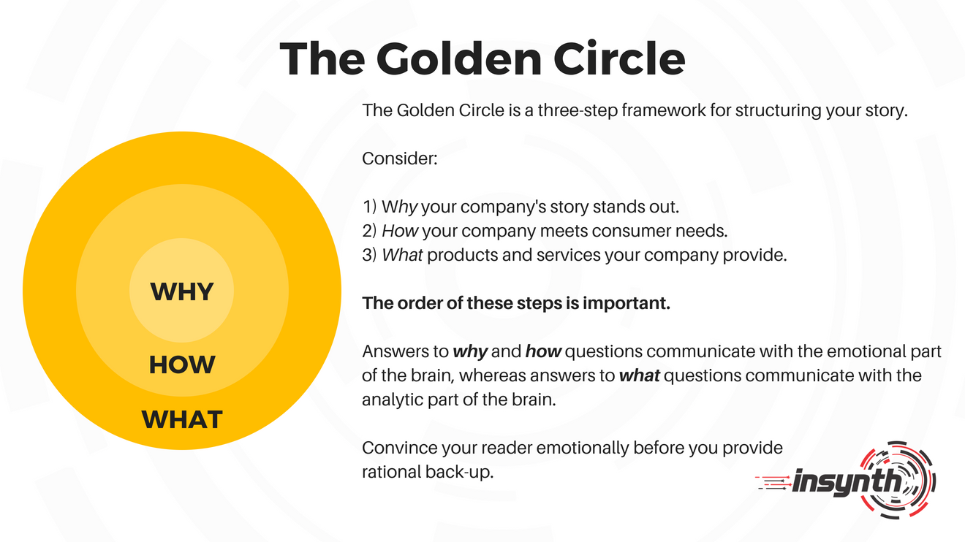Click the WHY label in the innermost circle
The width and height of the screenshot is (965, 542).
click(182, 291)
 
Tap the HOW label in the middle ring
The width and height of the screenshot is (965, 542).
click(182, 364)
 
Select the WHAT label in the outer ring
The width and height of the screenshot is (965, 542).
click(182, 420)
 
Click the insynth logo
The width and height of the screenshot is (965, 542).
click(848, 480)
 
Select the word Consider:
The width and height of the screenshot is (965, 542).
click(399, 158)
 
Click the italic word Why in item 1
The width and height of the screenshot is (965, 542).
click(399, 207)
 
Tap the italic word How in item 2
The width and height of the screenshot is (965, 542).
click(399, 232)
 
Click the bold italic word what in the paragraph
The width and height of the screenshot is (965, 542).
click(639, 375)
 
